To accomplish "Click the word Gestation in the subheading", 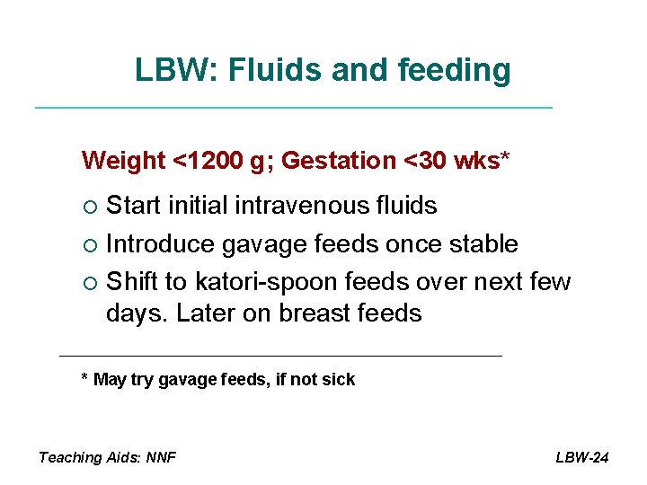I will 339,161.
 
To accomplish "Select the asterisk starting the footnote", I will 84,378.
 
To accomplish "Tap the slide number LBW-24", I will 582,457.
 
